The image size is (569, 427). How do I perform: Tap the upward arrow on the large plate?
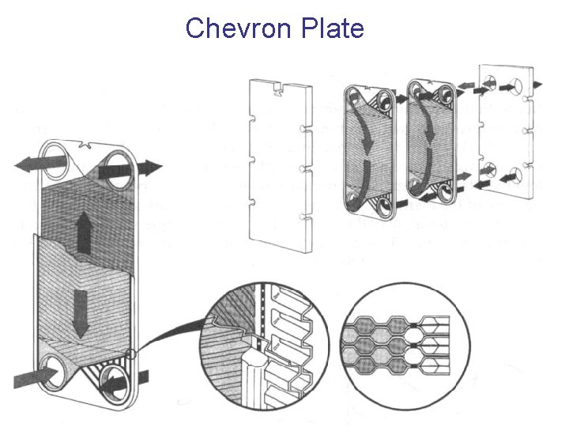coord(85,232)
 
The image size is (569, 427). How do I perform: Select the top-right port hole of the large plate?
coord(115,171)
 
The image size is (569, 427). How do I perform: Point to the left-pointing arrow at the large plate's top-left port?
coord(40,164)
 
